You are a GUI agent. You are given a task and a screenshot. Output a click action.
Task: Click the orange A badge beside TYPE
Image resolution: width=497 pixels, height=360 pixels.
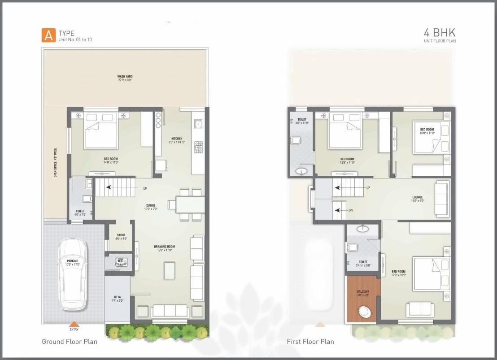pyautogui.click(x=48, y=35)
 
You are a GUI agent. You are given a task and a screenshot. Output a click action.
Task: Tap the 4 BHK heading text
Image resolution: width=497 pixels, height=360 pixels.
pyautogui.click(x=439, y=33)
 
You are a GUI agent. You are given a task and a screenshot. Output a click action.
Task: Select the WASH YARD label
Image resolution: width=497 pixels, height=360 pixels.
pyautogui.click(x=125, y=77)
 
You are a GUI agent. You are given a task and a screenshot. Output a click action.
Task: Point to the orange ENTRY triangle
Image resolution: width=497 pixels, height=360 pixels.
pyautogui.click(x=74, y=324)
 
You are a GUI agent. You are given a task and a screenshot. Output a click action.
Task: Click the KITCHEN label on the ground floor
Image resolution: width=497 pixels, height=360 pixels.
pyautogui.click(x=177, y=139)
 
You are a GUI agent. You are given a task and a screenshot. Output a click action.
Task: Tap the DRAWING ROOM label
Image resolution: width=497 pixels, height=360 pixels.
pyautogui.click(x=164, y=247)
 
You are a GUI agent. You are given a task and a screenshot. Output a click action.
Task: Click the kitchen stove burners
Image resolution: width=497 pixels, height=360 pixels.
pyautogui.click(x=198, y=147)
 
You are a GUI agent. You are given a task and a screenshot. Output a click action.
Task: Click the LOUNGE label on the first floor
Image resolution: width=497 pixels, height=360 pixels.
pyautogui.click(x=418, y=197)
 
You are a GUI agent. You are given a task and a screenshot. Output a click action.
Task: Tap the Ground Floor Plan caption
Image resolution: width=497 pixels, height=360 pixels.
pyautogui.click(x=70, y=342)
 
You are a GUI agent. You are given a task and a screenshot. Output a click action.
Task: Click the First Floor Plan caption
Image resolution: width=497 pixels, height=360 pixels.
pyautogui.click(x=310, y=342)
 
